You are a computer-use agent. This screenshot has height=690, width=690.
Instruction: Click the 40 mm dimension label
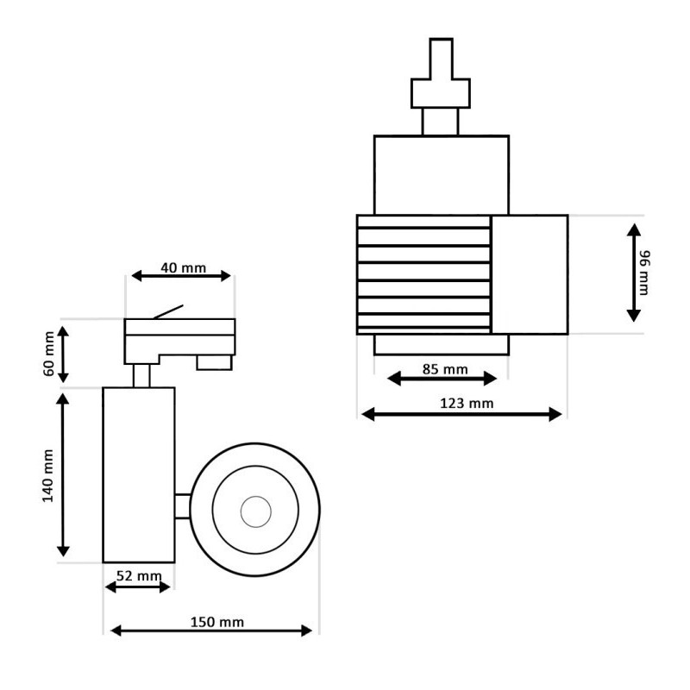pos(183,267)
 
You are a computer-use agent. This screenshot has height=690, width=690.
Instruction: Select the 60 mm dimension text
pos(50,354)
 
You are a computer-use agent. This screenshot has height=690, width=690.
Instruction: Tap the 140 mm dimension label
pos(50,474)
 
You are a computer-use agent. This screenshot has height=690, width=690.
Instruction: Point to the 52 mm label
pos(138,575)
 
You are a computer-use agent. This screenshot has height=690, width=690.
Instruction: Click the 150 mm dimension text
pos(217,622)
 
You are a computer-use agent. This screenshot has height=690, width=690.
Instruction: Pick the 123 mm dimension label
pos(465,403)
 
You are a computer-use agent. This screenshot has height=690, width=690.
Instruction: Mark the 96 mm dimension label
pos(645,272)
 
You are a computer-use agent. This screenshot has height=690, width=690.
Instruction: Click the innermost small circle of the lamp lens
pos(255,512)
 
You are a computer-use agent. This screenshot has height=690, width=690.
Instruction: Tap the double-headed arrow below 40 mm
pos(181,276)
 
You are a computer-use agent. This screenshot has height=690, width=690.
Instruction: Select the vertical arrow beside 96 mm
pos(634,273)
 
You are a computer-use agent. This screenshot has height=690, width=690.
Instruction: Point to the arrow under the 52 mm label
pos(138,587)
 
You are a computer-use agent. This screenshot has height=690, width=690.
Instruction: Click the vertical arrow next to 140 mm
pos(63,474)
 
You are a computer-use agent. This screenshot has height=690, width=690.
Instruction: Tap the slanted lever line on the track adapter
pos(169,310)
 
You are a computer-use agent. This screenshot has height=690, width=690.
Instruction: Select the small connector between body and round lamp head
pos(182,507)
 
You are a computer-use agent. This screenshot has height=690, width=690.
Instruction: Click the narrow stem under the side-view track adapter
pos(141,375)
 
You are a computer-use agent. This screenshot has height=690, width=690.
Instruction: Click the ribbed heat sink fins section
pos(423,273)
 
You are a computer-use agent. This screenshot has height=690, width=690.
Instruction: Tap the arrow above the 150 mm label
pos(211,632)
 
